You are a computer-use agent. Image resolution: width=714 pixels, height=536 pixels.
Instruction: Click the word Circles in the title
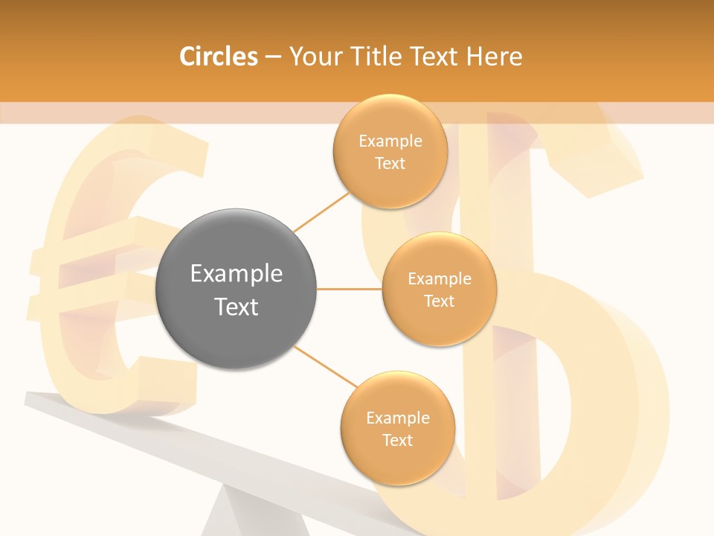[218, 57]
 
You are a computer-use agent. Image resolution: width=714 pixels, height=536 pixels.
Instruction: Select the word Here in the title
[494, 57]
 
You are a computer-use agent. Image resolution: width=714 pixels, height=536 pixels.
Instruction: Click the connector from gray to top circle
[321, 211]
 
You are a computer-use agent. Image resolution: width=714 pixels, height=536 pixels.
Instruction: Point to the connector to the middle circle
[349, 289]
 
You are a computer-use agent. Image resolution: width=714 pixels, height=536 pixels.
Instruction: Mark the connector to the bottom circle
[325, 366]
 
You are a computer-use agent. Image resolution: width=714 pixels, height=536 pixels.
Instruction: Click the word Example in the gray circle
[236, 274]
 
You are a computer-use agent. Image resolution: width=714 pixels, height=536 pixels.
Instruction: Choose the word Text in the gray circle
[236, 307]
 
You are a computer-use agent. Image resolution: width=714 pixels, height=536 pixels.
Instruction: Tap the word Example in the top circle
[390, 141]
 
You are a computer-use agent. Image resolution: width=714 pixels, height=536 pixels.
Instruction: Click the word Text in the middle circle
[440, 301]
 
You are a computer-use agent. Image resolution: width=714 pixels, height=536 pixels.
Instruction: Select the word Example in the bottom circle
[397, 418]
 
